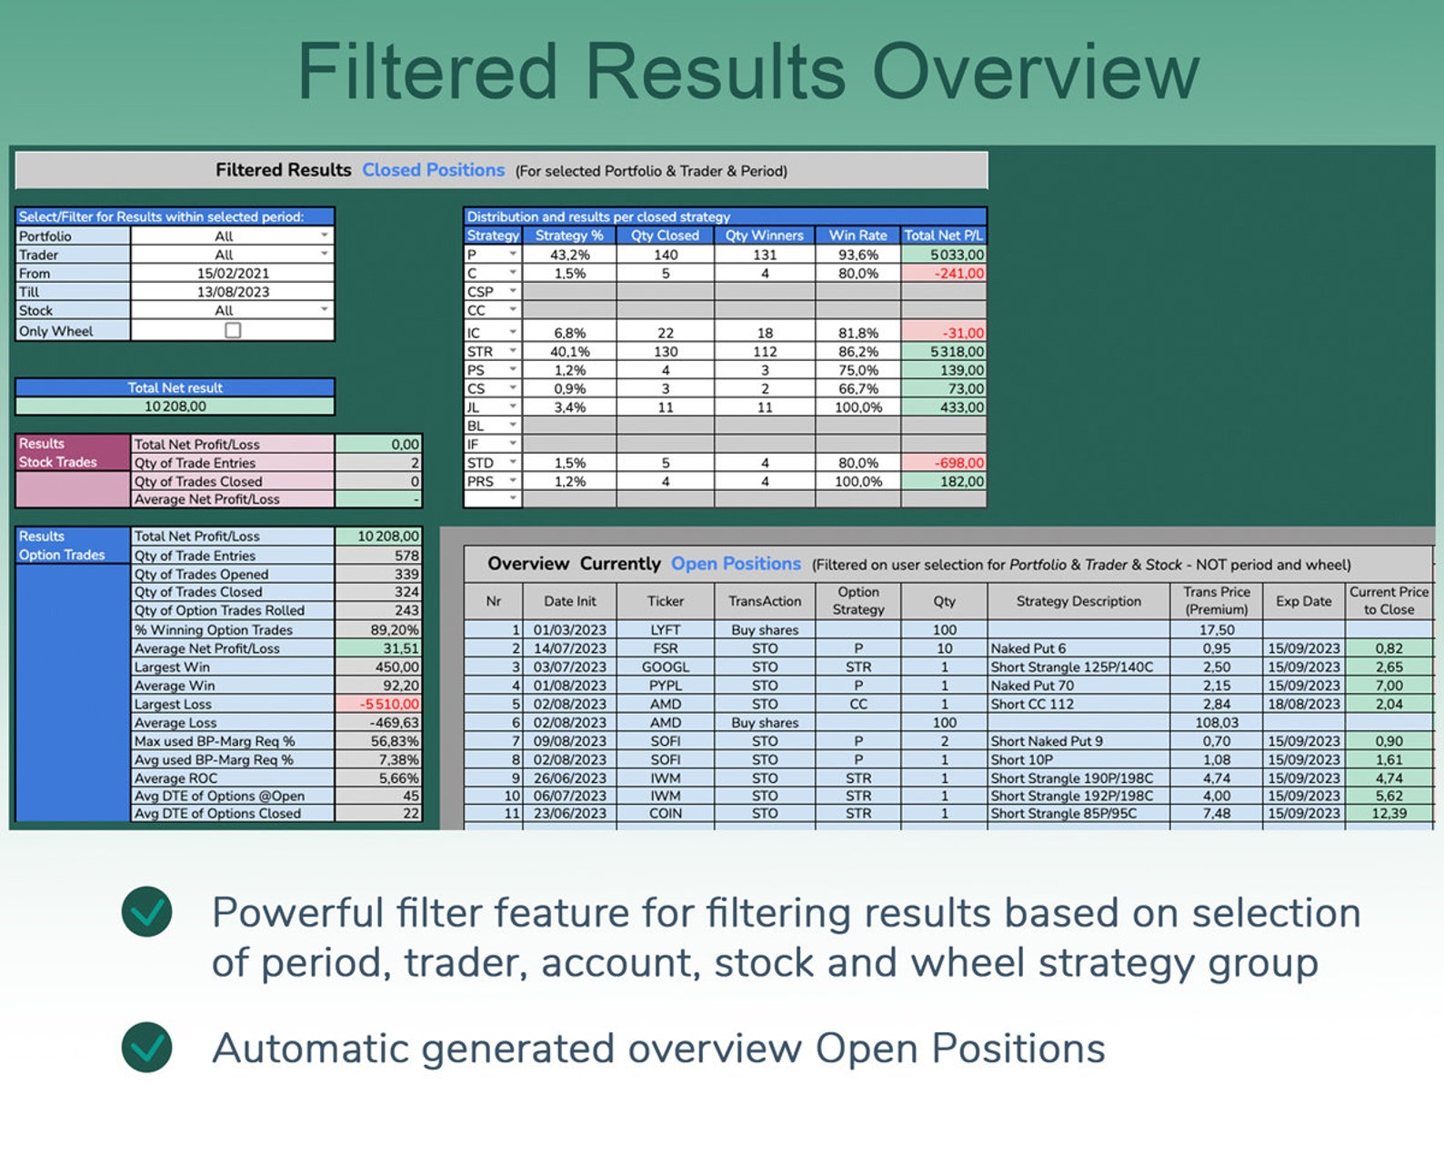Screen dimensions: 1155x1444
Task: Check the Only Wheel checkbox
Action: click(233, 330)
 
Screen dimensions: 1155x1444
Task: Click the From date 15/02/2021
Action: click(233, 273)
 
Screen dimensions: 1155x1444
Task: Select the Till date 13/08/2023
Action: click(233, 292)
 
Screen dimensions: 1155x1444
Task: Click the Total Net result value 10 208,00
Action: click(175, 407)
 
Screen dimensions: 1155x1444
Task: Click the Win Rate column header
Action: click(857, 235)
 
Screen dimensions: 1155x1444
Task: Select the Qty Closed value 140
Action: click(666, 255)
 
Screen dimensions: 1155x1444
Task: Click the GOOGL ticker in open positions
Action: click(665, 667)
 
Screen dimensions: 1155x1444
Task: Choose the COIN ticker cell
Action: click(665, 813)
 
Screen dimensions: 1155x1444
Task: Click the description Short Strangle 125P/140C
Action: click(1071, 667)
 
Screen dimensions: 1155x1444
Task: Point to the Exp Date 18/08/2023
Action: click(1303, 704)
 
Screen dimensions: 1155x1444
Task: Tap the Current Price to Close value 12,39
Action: click(1389, 813)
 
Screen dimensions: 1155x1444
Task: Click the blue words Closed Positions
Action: click(433, 170)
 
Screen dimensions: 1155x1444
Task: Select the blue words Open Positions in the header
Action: click(736, 564)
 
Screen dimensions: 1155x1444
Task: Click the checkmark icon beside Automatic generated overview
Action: click(146, 1048)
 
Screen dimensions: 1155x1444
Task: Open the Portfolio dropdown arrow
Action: click(325, 236)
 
